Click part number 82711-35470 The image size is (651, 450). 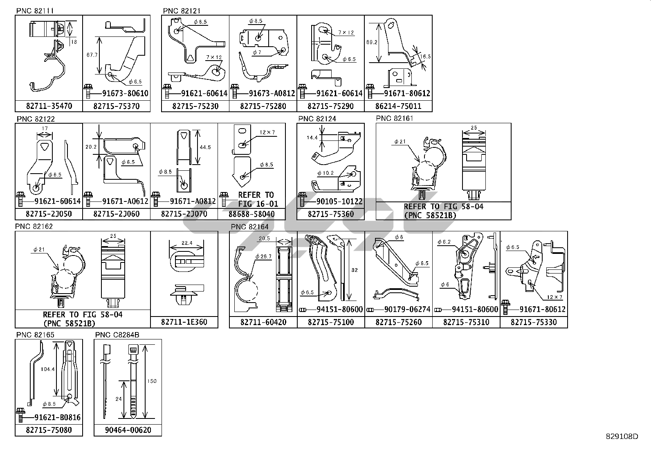49,106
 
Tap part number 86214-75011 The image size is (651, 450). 398,106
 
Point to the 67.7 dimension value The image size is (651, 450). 92,55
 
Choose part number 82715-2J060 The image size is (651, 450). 116,214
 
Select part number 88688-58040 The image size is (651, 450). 251,214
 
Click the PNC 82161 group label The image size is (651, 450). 394,118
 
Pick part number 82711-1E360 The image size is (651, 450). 184,322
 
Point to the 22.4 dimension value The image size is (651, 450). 186,242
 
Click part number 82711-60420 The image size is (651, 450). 263,322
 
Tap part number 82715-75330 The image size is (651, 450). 534,322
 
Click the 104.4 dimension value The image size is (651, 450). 48,369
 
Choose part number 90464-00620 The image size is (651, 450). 128,430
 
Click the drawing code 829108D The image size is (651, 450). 622,436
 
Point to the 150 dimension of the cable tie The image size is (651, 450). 152,381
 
